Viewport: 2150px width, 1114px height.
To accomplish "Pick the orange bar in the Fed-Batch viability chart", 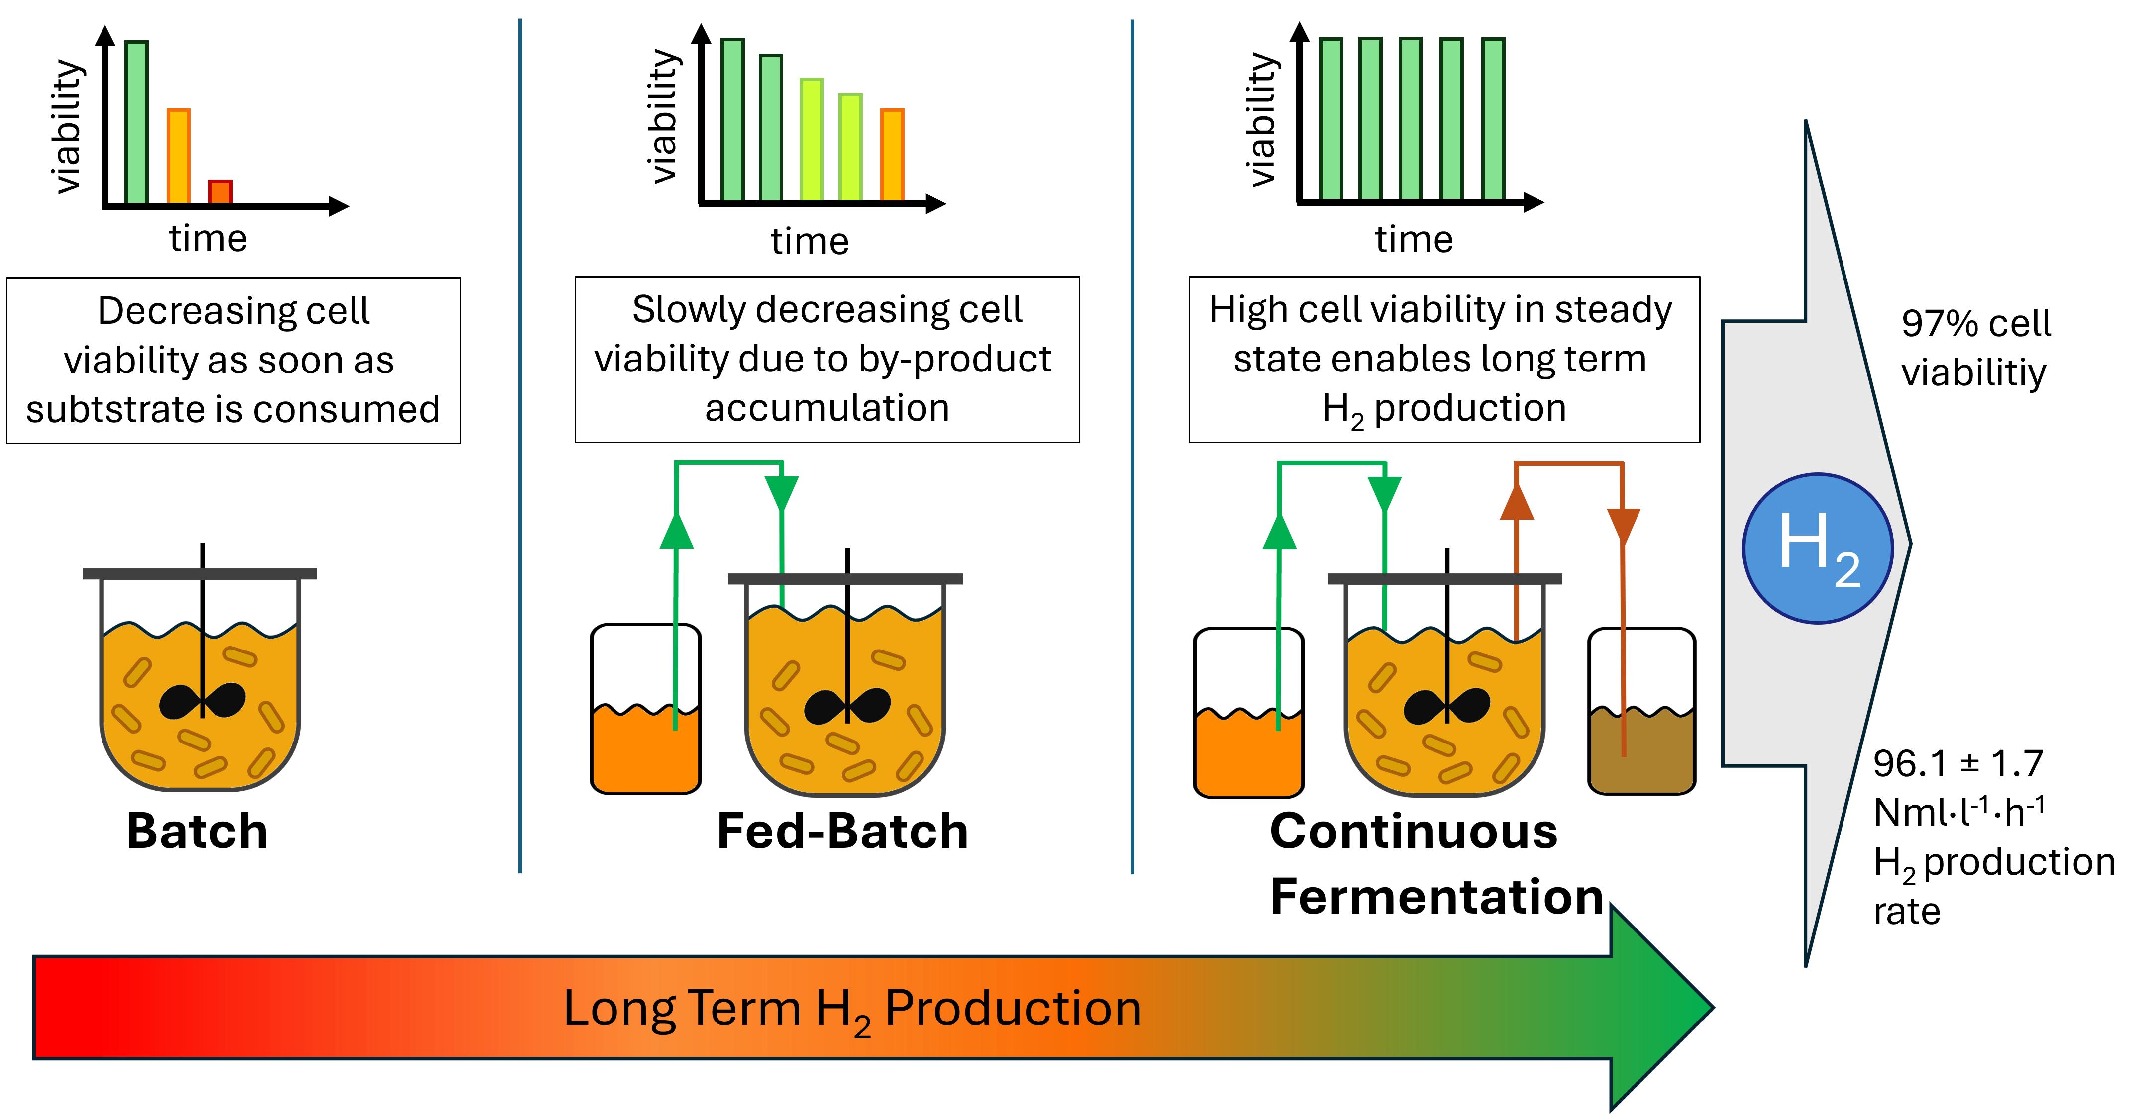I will (892, 155).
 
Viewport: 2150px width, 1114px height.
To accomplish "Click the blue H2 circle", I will (1818, 548).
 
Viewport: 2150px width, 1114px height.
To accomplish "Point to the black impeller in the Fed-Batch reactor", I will (847, 707).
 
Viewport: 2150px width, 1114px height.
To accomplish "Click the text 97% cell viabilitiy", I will (1975, 347).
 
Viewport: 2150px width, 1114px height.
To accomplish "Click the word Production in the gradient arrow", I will (1013, 1009).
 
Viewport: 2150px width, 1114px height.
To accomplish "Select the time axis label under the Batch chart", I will (208, 239).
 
